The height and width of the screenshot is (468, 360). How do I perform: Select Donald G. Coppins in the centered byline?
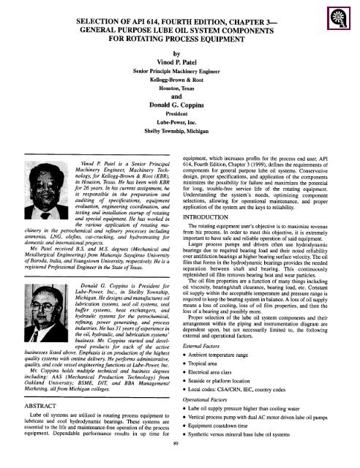(x=179, y=124)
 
